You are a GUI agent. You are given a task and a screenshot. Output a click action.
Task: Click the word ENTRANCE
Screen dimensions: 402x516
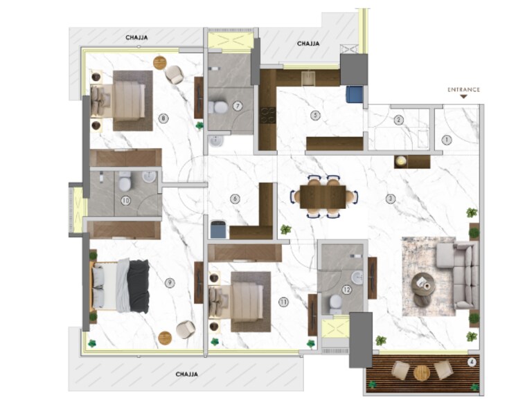(x=463, y=90)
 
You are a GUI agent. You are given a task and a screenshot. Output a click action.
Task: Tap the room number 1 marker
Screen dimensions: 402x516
(x=447, y=139)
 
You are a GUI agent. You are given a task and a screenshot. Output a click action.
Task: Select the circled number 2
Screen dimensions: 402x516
(x=398, y=120)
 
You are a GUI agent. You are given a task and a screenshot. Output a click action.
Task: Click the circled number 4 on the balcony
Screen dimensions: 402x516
(x=472, y=361)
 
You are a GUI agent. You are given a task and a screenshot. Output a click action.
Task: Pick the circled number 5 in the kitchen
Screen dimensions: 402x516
(x=316, y=115)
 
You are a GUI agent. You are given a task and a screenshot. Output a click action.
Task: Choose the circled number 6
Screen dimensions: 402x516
(x=235, y=199)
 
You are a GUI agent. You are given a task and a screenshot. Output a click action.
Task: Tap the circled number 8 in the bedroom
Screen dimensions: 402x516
(x=163, y=118)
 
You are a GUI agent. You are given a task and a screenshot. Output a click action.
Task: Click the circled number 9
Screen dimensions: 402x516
(x=170, y=282)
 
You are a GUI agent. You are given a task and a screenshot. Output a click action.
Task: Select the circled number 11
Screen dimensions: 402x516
(x=283, y=301)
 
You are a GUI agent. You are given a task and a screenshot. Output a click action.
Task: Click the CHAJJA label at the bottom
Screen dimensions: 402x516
(x=186, y=374)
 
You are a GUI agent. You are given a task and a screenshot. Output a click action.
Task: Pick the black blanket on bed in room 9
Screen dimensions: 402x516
(x=138, y=285)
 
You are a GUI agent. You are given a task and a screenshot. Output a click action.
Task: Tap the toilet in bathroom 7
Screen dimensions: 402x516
(x=217, y=107)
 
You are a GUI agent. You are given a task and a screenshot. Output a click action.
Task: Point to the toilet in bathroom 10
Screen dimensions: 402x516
(x=125, y=183)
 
